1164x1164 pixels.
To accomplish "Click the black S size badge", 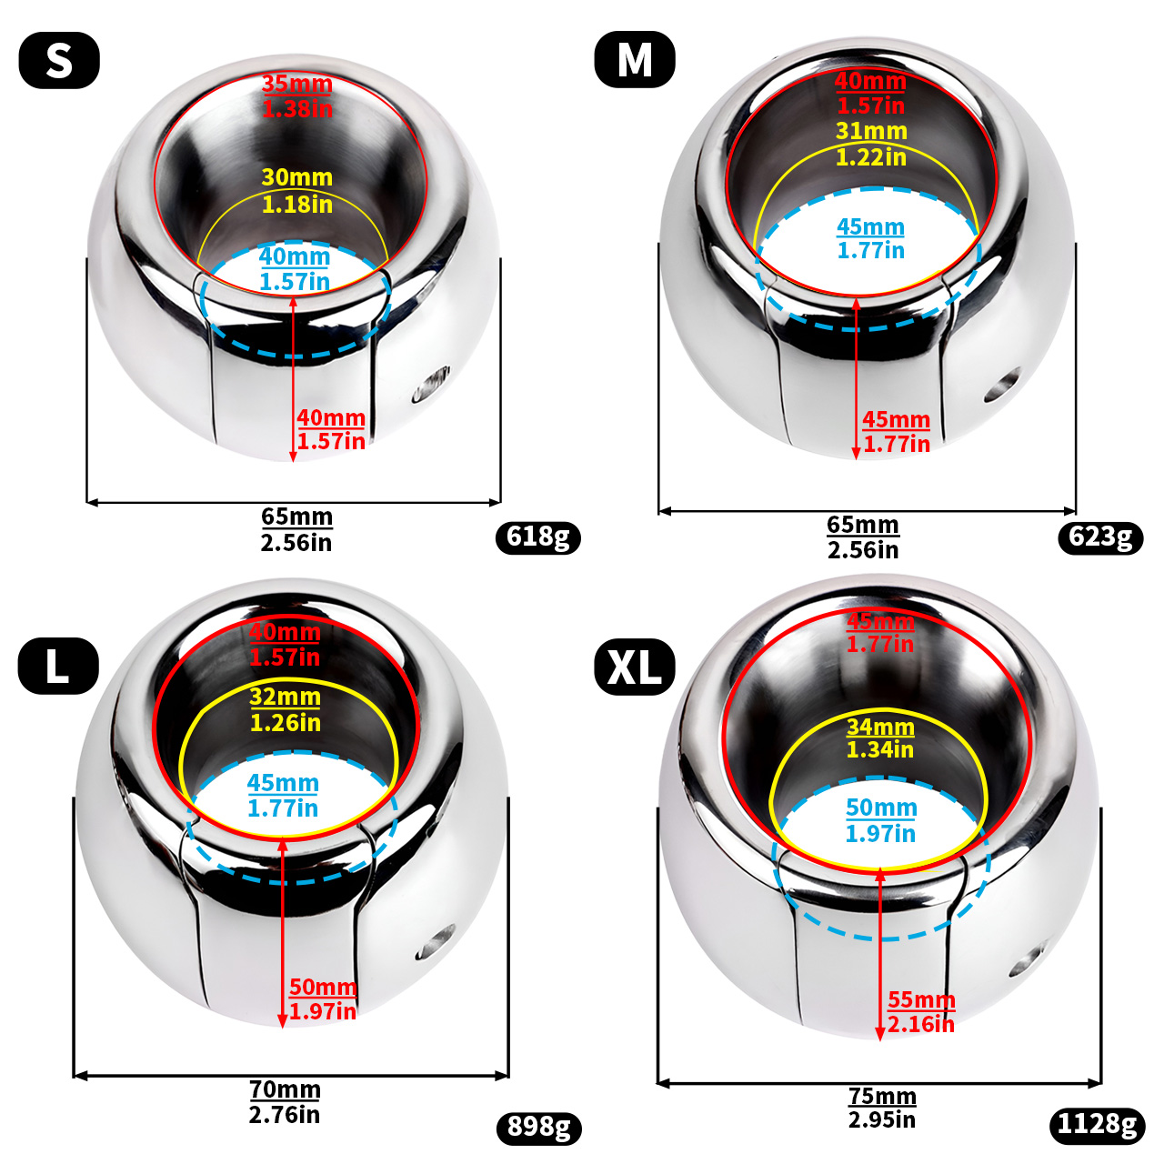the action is (59, 60).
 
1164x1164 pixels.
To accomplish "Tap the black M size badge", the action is (634, 59).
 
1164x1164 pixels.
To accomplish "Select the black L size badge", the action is (58, 666).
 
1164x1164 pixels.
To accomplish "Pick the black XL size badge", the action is (634, 667).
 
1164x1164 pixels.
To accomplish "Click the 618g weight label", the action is (537, 537).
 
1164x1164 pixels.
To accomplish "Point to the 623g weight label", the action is (1100, 537).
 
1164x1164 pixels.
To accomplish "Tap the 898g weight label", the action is (539, 1127).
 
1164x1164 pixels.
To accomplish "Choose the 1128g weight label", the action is (1098, 1125).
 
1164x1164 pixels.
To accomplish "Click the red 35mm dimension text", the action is (297, 84).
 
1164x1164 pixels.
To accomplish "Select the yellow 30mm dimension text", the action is (297, 177).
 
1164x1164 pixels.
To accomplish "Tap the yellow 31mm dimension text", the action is (871, 131).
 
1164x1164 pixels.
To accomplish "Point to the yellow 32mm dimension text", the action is (286, 697).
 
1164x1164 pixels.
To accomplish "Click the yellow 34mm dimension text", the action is (880, 726).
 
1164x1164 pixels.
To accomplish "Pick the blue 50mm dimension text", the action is (881, 807).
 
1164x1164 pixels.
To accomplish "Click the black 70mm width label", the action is (285, 1089).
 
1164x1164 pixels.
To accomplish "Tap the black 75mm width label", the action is (882, 1095).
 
